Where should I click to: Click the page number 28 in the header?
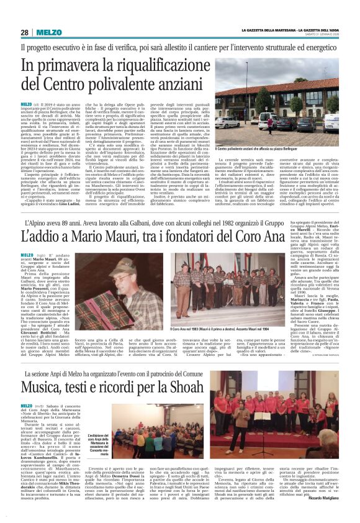click(25, 32)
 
